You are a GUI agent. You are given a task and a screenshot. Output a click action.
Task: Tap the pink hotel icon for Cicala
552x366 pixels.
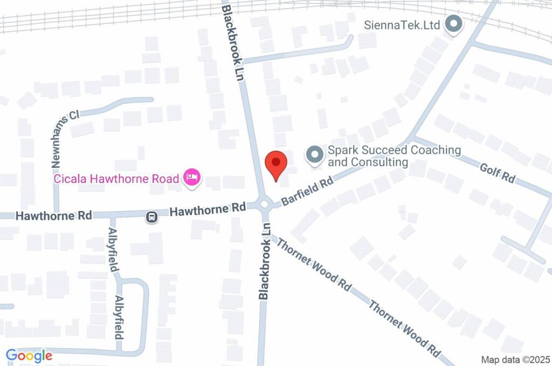[192, 177]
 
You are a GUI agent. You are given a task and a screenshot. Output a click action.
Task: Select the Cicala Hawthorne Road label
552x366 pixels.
[116, 178]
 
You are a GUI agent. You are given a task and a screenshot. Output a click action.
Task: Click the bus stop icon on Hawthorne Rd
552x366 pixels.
[151, 217]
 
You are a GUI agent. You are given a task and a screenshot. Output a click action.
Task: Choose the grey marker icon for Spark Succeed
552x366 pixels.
[314, 155]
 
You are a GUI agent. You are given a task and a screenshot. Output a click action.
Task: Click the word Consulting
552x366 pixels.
[378, 162]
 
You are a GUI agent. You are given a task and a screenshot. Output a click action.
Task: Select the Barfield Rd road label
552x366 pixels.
[308, 191]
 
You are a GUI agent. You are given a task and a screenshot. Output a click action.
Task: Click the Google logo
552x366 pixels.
[29, 355]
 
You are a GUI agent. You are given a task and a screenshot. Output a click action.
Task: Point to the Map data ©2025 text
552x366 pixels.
[515, 360]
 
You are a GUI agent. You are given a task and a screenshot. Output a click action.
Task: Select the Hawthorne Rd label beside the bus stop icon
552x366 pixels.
[208, 209]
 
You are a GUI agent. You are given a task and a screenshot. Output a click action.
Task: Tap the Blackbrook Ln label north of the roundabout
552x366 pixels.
[233, 43]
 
